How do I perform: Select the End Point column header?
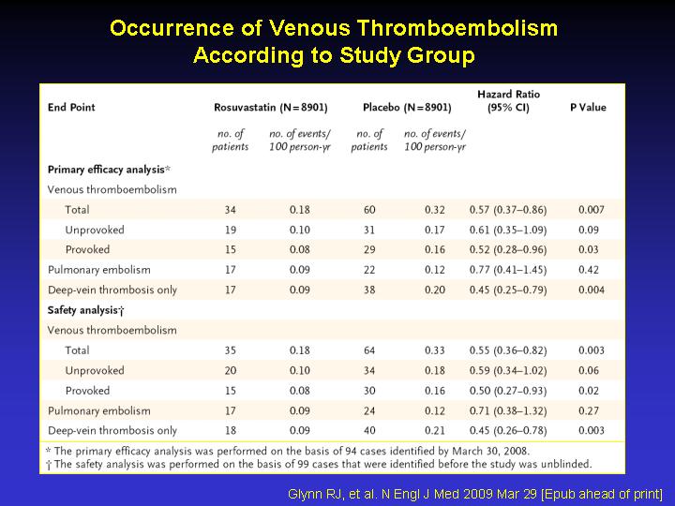pyautogui.click(x=71, y=107)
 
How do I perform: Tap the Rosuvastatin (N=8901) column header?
pyautogui.click(x=271, y=107)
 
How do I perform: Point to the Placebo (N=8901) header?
pyautogui.click(x=407, y=107)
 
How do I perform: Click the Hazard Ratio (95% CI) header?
pyautogui.click(x=508, y=100)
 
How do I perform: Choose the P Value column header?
pyautogui.click(x=588, y=107)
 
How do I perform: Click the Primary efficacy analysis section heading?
pyautogui.click(x=109, y=170)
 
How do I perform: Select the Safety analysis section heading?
pyautogui.click(x=85, y=310)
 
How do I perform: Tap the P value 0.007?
pyautogui.click(x=591, y=210)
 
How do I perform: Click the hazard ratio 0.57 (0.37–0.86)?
pyautogui.click(x=508, y=210)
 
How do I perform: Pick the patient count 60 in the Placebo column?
pyautogui.click(x=369, y=210)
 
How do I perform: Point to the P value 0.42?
pyautogui.click(x=589, y=270)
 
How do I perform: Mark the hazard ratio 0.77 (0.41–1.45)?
pyautogui.click(x=508, y=270)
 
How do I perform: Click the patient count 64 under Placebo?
pyautogui.click(x=369, y=350)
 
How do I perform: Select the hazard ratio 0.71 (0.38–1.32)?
pyautogui.click(x=508, y=410)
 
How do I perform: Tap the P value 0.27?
pyautogui.click(x=589, y=410)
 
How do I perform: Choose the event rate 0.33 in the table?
pyautogui.click(x=435, y=350)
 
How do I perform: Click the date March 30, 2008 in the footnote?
pyautogui.click(x=490, y=451)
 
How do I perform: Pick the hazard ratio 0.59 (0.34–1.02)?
pyautogui.click(x=508, y=370)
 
